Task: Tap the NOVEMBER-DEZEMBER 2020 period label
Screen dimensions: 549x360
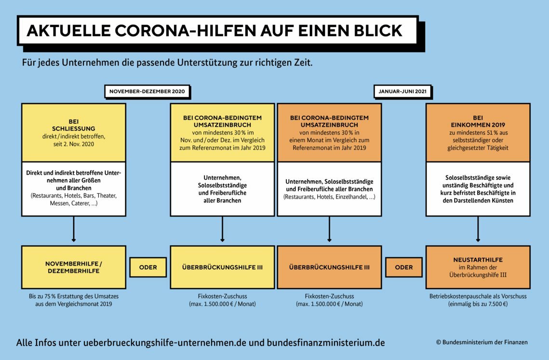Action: [147, 92]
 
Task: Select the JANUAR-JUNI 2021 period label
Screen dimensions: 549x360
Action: [402, 92]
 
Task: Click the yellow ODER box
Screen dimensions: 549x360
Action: [148, 267]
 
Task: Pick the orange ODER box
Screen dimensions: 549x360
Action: [404, 267]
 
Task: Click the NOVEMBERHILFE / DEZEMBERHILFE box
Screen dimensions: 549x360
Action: [74, 267]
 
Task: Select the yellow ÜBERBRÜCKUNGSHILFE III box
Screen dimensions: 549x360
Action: [222, 267]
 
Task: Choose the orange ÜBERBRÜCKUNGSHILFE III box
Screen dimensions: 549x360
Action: [329, 267]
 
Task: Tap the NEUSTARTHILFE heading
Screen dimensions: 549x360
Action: [478, 260]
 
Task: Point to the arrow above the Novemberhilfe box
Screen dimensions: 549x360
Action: [74, 229]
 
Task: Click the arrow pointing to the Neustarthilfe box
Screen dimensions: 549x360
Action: [478, 229]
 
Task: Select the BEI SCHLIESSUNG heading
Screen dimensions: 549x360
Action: [74, 125]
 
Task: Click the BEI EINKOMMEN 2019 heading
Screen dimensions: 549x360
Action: [478, 121]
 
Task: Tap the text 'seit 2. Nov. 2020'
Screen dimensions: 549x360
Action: [74, 144]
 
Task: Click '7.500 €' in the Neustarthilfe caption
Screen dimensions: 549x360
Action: [497, 304]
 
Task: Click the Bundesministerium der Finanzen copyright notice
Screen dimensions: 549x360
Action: [482, 342]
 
